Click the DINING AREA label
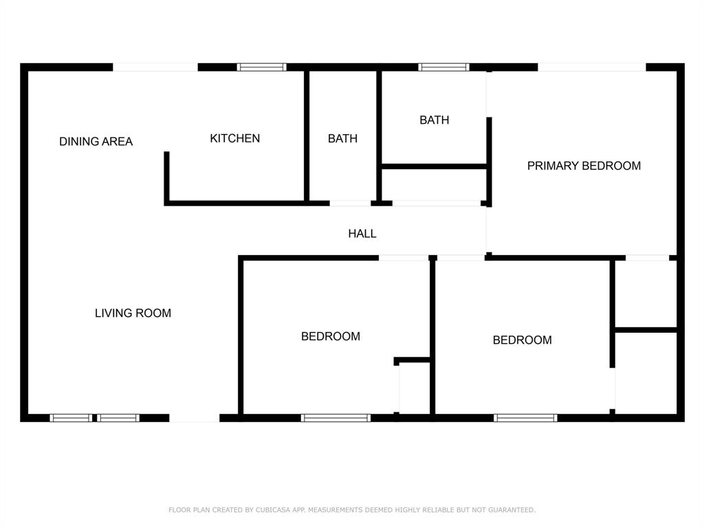tap(96, 142)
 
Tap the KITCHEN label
tap(235, 138)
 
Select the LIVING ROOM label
tap(133, 313)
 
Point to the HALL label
tap(362, 234)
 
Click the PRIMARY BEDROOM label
tap(584, 166)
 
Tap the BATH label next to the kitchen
tap(342, 138)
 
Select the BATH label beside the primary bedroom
tap(434, 120)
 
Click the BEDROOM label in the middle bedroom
tap(331, 336)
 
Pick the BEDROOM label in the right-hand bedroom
tap(522, 340)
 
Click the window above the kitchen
tap(262, 67)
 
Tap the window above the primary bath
tap(443, 67)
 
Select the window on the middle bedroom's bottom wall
tap(335, 418)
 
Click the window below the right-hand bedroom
tap(525, 418)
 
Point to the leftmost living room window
tap(71, 418)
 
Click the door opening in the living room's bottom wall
tap(195, 418)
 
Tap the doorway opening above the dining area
tap(155, 67)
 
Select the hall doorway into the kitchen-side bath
tap(350, 203)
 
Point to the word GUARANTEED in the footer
tap(511, 509)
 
